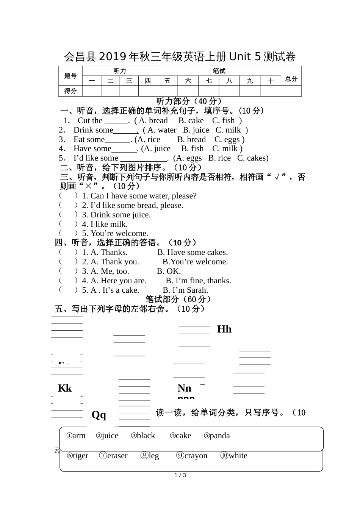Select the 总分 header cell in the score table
click(x=291, y=79)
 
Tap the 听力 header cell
click(x=120, y=71)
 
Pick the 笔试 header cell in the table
click(x=219, y=71)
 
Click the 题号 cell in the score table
click(x=70, y=76)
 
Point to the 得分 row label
click(x=70, y=91)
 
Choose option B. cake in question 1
click(x=191, y=120)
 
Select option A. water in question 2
click(x=162, y=130)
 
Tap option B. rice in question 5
click(x=219, y=158)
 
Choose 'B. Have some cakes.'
click(x=193, y=252)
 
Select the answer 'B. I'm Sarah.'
click(x=185, y=290)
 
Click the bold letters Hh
click(x=224, y=329)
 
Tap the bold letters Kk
click(x=65, y=388)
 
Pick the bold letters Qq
click(x=99, y=415)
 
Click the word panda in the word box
click(x=217, y=436)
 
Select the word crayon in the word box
click(x=192, y=456)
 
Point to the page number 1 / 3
click(x=180, y=475)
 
